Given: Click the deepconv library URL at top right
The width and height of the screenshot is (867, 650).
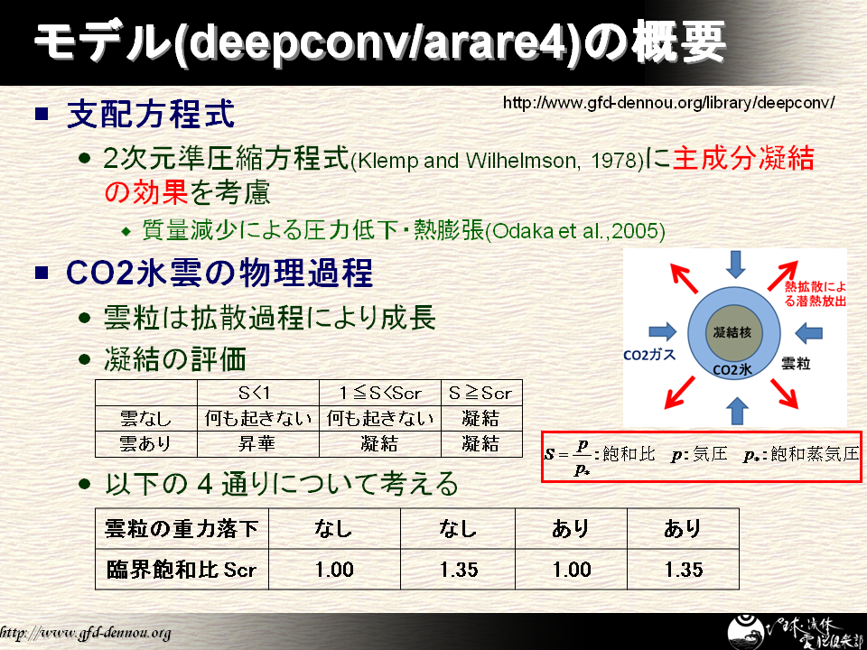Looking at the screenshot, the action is pyautogui.click(x=668, y=103).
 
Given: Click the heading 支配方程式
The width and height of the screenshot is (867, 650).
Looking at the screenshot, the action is pyautogui.click(x=151, y=115).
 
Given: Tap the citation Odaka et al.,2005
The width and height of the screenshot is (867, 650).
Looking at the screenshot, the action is pyautogui.click(x=575, y=231).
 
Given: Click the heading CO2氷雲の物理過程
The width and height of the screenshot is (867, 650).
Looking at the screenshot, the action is pyautogui.click(x=219, y=273).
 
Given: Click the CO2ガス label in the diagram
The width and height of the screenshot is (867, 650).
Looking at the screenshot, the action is pyautogui.click(x=649, y=355).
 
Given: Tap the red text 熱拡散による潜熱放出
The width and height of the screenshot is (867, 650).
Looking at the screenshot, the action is pyautogui.click(x=815, y=294).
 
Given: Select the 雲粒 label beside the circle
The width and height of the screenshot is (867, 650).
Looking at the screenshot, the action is pyautogui.click(x=796, y=364).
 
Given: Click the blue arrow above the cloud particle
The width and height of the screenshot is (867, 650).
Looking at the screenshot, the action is pyautogui.click(x=735, y=265).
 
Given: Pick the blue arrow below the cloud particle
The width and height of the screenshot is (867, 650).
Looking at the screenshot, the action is pyautogui.click(x=736, y=410).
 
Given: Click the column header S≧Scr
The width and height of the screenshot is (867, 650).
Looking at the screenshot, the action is pyautogui.click(x=480, y=393).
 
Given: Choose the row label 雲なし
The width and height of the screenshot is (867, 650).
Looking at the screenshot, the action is pyautogui.click(x=144, y=418).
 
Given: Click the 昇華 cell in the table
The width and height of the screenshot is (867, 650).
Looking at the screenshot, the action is pyautogui.click(x=256, y=444).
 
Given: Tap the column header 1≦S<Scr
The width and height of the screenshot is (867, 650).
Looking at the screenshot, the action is pyautogui.click(x=380, y=393).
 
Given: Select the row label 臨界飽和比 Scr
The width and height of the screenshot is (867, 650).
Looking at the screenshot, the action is pyautogui.click(x=182, y=570).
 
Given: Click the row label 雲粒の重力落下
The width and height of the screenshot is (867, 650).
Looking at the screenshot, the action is pyautogui.click(x=182, y=529).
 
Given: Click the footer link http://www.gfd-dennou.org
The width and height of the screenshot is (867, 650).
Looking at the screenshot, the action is pyautogui.click(x=85, y=633).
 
